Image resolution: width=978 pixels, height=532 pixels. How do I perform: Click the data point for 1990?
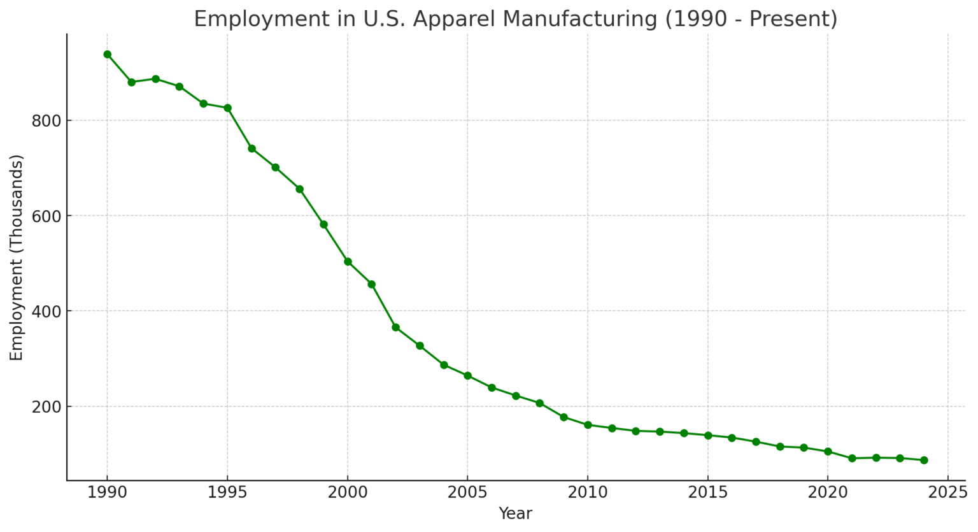[107, 54]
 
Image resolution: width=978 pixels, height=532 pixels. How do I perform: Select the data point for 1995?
[227, 108]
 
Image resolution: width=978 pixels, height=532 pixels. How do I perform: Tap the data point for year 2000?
[348, 261]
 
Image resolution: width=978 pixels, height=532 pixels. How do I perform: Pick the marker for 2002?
[395, 327]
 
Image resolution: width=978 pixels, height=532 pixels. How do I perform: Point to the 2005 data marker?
[467, 375]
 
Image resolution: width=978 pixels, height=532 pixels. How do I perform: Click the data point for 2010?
[588, 424]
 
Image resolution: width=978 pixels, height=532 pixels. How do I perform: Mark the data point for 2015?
[707, 435]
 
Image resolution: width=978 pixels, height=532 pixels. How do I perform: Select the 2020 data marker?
[828, 451]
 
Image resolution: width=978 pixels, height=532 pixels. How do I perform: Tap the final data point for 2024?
[924, 460]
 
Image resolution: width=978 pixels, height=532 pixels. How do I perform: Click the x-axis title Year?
[515, 514]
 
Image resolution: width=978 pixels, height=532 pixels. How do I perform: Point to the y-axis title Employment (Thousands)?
[17, 257]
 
